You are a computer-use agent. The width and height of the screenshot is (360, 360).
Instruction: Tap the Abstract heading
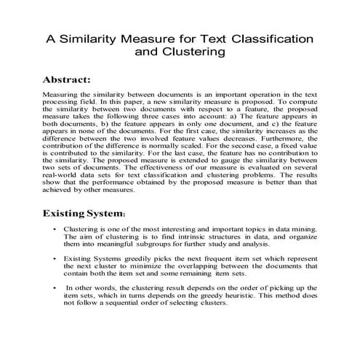tap(66, 79)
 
